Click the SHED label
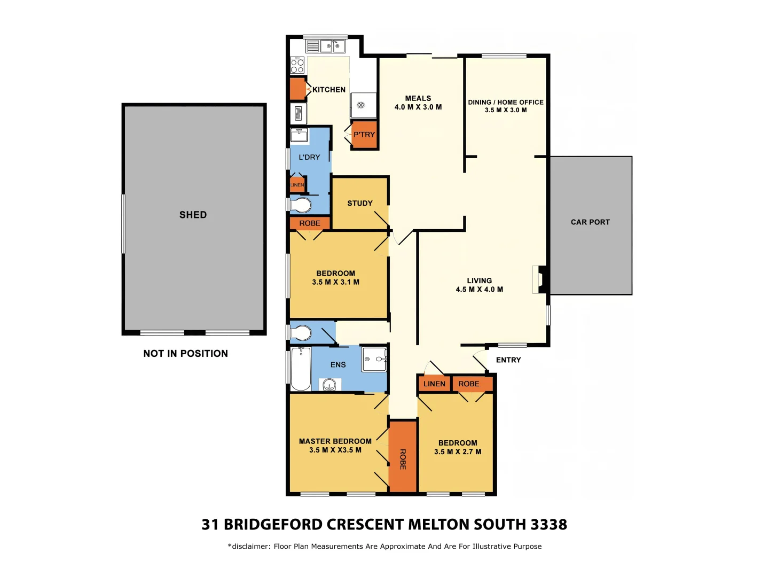(x=193, y=215)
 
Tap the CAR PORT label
(x=590, y=222)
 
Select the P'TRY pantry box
(x=364, y=135)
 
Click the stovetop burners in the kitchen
(x=297, y=66)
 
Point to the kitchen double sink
(x=332, y=46)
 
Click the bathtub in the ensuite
(x=301, y=369)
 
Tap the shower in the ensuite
(x=374, y=359)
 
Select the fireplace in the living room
(x=540, y=279)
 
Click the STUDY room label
(x=360, y=204)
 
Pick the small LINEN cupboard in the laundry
(x=297, y=185)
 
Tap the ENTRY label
(x=508, y=360)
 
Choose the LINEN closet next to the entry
(x=434, y=384)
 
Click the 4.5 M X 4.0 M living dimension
(x=479, y=290)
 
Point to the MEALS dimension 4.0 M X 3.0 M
(x=418, y=107)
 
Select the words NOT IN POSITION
(x=185, y=354)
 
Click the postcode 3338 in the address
(x=548, y=525)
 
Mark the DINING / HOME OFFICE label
(x=506, y=102)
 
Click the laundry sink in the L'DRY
(x=299, y=135)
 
